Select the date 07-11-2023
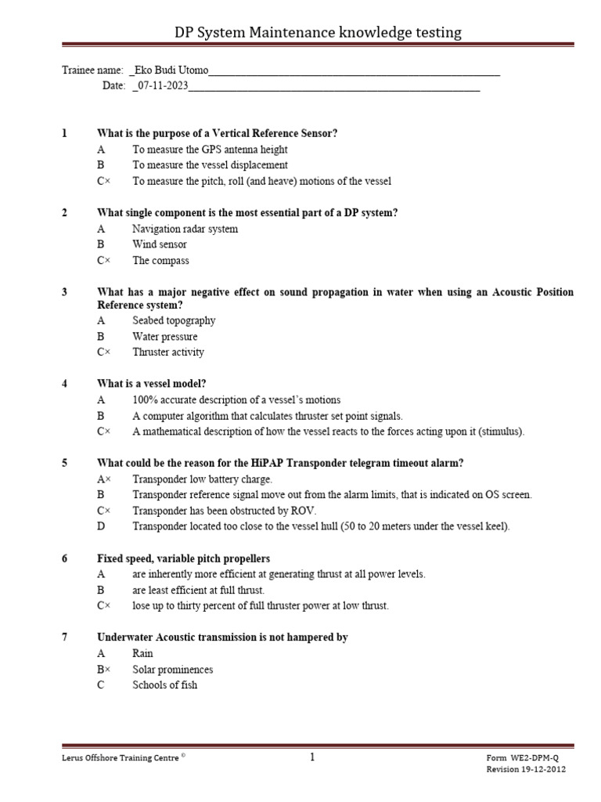(x=163, y=86)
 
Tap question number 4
(x=65, y=384)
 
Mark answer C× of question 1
(x=103, y=181)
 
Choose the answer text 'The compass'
(x=160, y=261)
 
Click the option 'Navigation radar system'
(x=185, y=229)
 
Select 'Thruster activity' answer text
(x=168, y=352)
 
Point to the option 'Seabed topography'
(x=174, y=320)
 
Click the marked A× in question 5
(x=103, y=479)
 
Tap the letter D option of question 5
(x=101, y=526)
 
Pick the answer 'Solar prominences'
(x=172, y=670)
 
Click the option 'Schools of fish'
(x=164, y=685)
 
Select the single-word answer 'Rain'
(x=142, y=653)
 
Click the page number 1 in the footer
(x=311, y=757)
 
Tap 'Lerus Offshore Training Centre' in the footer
(x=121, y=758)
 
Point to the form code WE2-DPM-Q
(x=535, y=759)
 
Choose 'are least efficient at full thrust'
(x=199, y=590)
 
